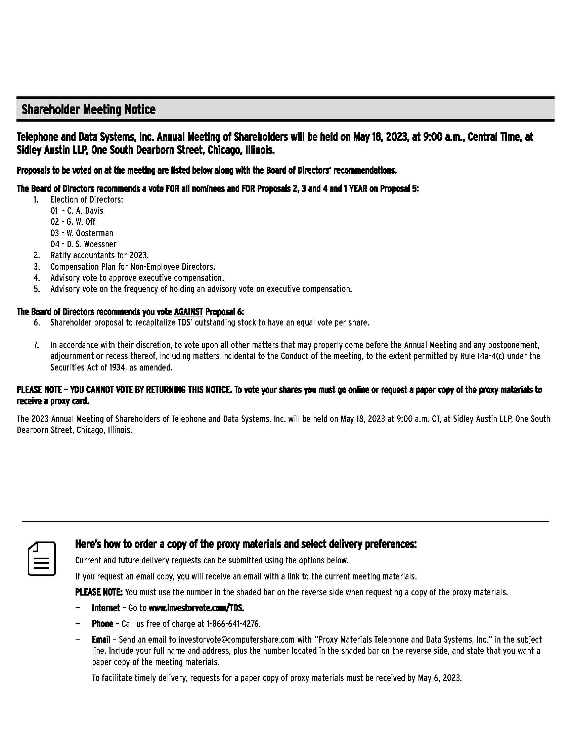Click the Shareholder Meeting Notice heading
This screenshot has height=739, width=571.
coord(89,110)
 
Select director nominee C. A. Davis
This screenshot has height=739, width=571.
coord(85,211)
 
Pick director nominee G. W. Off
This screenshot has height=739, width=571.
coord(81,222)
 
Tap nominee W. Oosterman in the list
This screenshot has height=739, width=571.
coord(90,233)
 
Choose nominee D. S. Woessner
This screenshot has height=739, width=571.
coord(91,244)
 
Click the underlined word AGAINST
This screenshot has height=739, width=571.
coord(188,311)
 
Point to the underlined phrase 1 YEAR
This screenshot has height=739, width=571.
coord(355,188)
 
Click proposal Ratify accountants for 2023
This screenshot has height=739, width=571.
coord(99,255)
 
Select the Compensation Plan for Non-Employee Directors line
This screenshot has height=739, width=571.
coord(133,266)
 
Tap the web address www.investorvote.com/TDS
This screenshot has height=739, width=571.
coord(196,608)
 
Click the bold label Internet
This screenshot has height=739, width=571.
coord(105,608)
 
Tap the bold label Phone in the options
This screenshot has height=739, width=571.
coord(102,624)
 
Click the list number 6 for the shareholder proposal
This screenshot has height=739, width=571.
coord(37,322)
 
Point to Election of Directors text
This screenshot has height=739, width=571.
coord(87,199)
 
